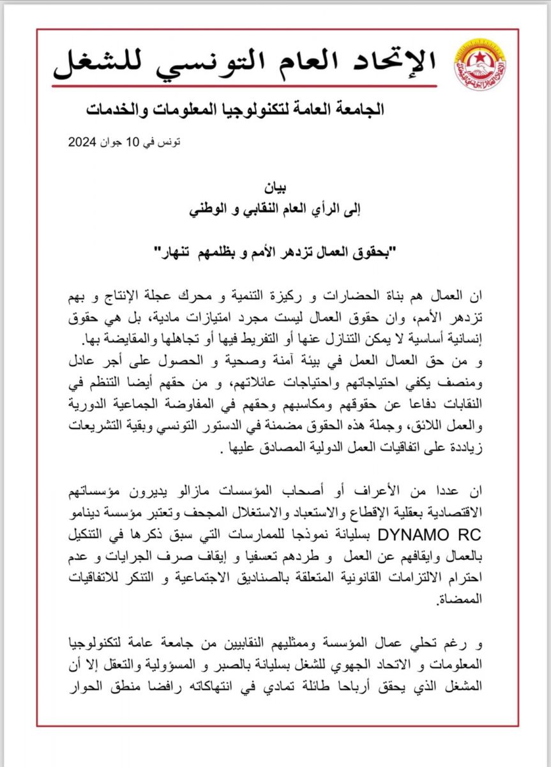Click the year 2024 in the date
coord(83,142)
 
